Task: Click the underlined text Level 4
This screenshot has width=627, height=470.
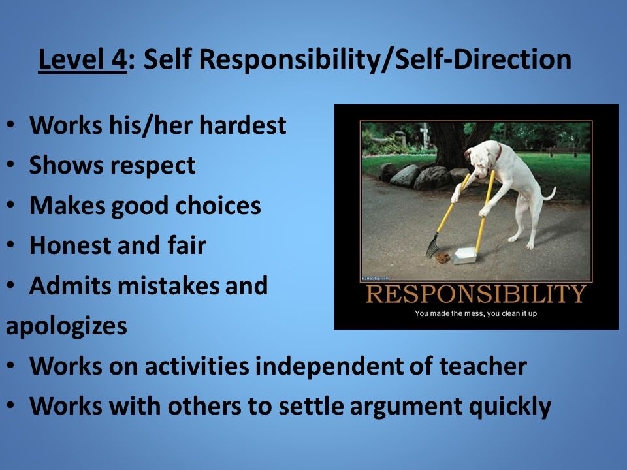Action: coord(82,59)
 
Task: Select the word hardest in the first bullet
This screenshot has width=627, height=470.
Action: coord(243,125)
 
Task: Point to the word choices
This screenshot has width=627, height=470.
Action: coord(218,206)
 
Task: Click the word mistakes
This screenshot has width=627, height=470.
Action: coord(169,285)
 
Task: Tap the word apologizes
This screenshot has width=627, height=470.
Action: coord(67,326)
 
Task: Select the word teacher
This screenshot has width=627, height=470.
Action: coord(483,366)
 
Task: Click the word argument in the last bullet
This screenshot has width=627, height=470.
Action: coord(406,407)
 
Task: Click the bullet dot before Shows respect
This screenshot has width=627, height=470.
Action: coord(11,164)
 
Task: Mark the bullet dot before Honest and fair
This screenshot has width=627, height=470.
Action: coord(11,245)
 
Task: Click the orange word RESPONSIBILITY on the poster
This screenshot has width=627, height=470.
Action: coord(476,294)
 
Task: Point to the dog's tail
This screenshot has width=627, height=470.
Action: coord(548,194)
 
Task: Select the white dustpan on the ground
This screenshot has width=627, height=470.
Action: coord(464,256)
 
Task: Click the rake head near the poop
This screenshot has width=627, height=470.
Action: coord(432,246)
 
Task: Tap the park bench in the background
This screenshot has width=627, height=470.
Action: coord(562,151)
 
